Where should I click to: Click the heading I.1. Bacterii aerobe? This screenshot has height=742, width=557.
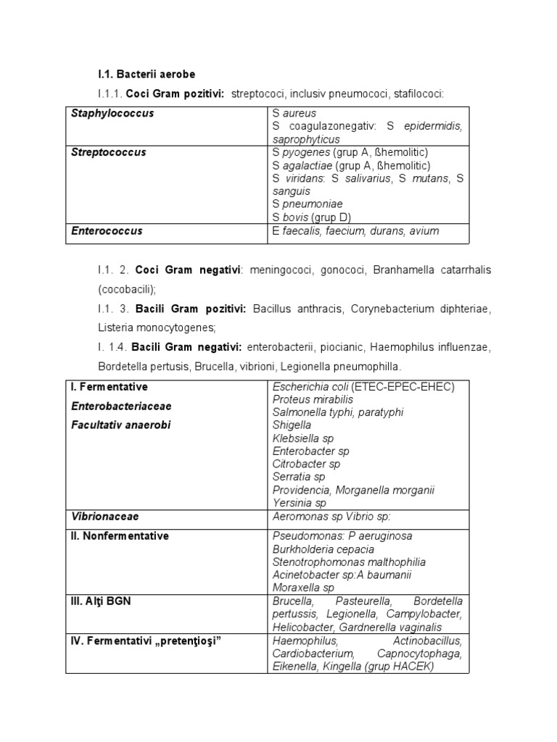coord(147,74)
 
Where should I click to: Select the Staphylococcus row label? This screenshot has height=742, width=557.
coord(112,114)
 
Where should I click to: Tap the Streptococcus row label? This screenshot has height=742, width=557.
coord(109,152)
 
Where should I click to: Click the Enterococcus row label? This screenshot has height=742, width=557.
coord(107,231)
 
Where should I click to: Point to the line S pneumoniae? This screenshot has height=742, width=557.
coord(308,204)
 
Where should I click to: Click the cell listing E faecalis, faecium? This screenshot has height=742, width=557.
coord(355,231)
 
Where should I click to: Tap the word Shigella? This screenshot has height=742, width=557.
coord(292,425)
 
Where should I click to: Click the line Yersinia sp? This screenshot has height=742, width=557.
coord(300,503)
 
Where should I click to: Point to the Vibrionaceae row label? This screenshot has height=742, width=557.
coord(105,517)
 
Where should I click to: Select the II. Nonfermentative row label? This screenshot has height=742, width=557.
coord(120,536)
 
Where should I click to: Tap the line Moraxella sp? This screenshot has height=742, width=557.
coord(303,588)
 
